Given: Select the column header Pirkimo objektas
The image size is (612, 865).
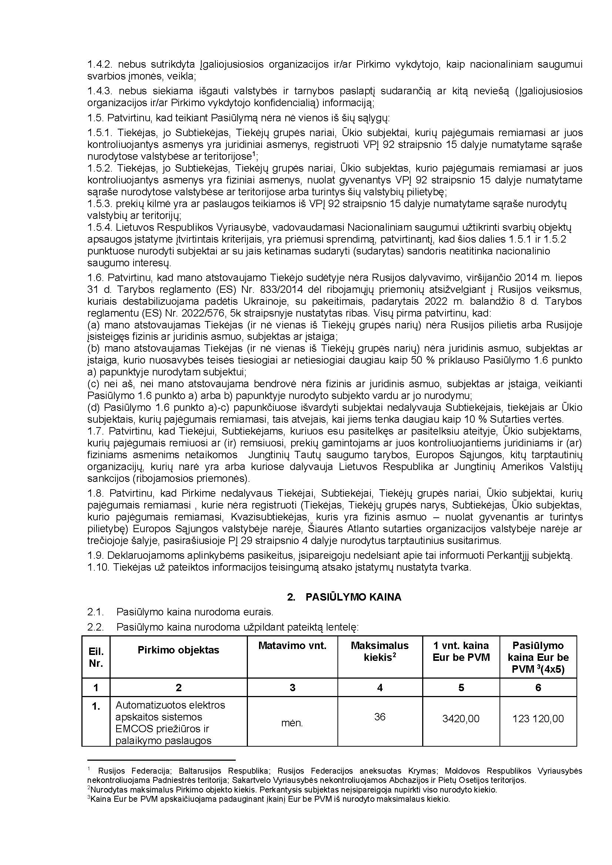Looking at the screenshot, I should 178,650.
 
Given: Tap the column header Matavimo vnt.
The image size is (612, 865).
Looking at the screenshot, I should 292,645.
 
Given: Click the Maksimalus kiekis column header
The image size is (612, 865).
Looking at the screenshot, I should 380,651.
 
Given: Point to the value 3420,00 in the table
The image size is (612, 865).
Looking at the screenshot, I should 461,719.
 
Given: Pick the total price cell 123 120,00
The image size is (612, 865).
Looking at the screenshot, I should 538,719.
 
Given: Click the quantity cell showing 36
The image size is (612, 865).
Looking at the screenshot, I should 380,717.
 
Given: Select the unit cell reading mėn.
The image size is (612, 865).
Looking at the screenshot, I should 292,723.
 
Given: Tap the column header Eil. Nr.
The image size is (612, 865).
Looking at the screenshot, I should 96,658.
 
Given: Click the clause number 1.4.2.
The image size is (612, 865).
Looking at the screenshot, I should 100,64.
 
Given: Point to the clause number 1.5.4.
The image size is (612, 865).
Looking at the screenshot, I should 100,227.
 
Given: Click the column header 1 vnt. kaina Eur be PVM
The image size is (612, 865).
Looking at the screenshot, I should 461,651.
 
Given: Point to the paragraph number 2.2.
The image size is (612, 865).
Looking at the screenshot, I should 95,627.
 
